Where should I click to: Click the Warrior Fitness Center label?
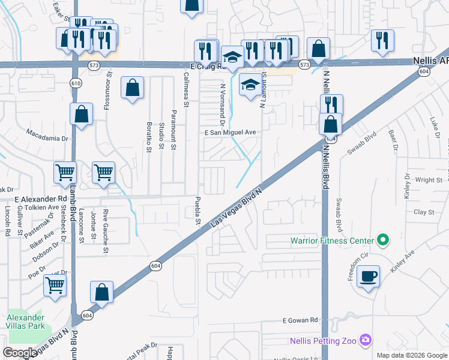[x=332, y=241]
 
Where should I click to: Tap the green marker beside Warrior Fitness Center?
[x=382, y=241]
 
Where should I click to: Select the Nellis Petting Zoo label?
[x=324, y=341]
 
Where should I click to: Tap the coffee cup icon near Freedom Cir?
[x=368, y=277]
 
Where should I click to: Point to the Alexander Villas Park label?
[x=26, y=322]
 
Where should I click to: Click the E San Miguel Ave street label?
[x=230, y=133]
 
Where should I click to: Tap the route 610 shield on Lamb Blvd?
[x=75, y=83]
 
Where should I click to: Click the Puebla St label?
[x=197, y=211]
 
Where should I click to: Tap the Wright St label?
[x=429, y=179]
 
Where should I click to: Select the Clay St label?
[x=424, y=212]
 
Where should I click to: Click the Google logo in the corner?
[x=20, y=353]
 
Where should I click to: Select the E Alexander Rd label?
[x=41, y=198]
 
